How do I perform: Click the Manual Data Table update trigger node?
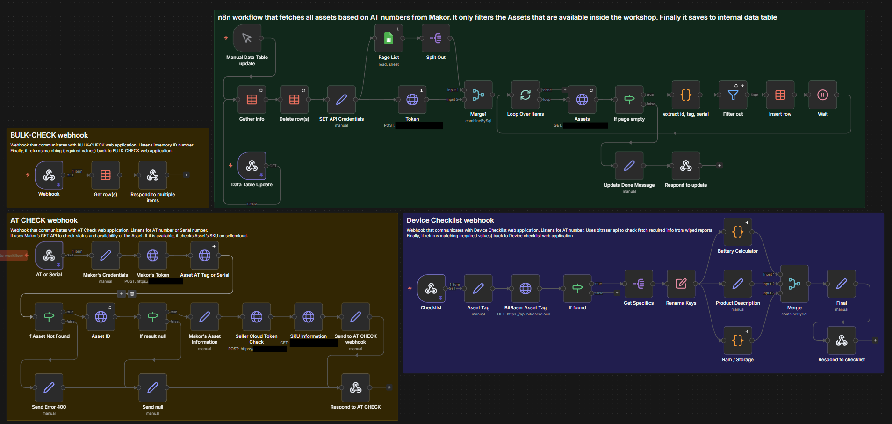point(247,38)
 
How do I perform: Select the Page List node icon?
point(388,38)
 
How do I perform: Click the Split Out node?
point(436,38)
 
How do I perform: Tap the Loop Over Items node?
point(525,95)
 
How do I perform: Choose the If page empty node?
point(629,100)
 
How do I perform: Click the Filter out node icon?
point(733,95)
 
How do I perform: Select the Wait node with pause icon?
point(822,95)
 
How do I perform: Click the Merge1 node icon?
point(478,95)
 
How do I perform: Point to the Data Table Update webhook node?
point(252,166)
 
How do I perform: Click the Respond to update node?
point(686,166)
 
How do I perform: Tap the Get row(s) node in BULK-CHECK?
point(106,175)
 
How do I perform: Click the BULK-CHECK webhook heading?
point(49,135)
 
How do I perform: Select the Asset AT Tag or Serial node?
point(205,256)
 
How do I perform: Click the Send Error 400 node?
point(49,388)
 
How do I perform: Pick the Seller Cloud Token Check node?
point(257,317)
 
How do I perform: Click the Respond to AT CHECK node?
point(356,388)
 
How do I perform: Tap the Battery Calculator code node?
point(738,232)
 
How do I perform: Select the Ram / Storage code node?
point(738,341)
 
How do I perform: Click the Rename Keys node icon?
point(681,284)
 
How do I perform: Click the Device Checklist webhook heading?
point(450,220)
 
